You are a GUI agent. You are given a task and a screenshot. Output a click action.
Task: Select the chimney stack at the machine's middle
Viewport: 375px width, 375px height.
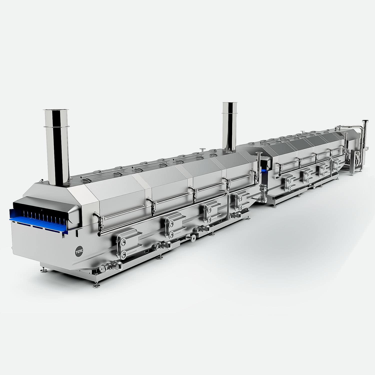point(229,127)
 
